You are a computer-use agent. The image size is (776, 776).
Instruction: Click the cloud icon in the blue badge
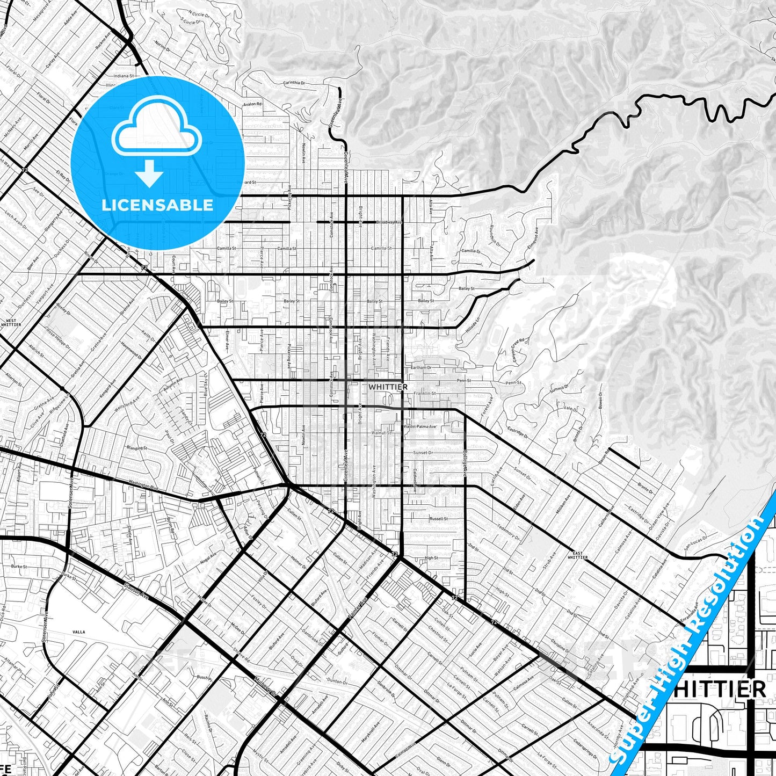click(156, 133)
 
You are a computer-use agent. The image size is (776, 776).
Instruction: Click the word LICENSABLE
click(157, 205)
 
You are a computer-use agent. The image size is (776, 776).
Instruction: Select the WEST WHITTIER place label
click(11, 323)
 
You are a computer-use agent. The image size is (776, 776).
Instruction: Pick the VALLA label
click(78, 632)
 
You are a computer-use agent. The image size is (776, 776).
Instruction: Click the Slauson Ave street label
click(135, 591)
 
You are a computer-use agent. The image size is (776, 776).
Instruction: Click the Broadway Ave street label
click(389, 222)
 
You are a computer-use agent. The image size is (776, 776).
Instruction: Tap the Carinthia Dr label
click(294, 83)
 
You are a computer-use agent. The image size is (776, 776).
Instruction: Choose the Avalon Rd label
click(252, 104)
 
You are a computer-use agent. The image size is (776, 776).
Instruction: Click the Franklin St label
click(424, 394)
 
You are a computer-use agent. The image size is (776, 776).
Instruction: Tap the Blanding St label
click(136, 447)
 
